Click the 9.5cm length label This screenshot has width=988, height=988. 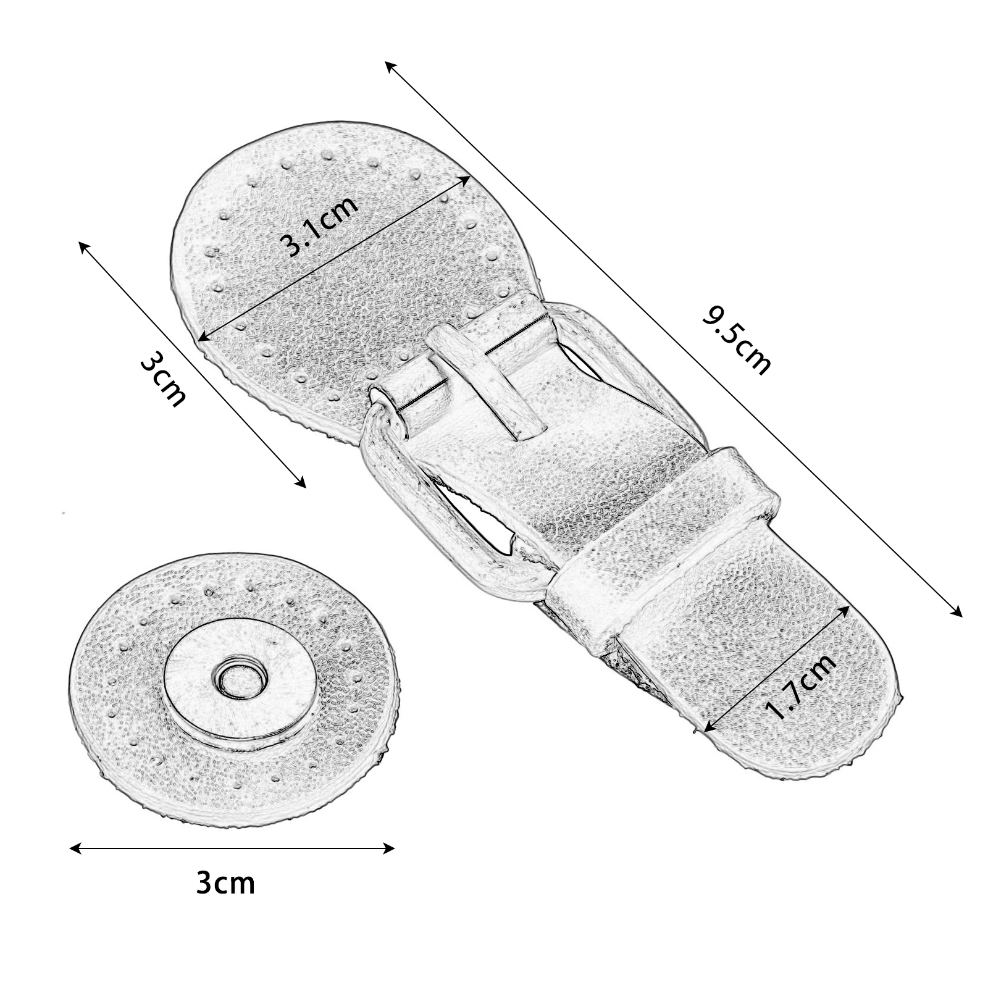(736, 341)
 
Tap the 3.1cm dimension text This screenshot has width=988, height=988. (320, 225)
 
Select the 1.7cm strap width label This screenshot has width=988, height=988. (801, 686)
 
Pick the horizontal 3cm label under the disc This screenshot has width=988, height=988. (225, 883)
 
